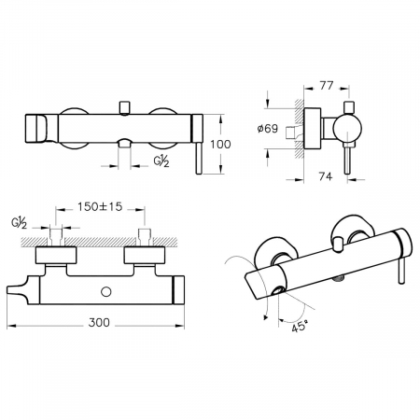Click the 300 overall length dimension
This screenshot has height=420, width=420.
coord(99,323)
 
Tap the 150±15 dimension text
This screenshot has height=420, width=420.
coord(100,206)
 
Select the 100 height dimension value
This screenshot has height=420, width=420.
coord(220,145)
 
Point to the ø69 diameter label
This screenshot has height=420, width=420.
coord(268,128)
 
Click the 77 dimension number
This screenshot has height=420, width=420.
coord(327,86)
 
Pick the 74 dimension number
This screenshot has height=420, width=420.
coord(326,176)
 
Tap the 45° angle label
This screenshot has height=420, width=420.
coord(300,327)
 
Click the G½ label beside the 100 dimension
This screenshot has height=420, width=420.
coord(161,161)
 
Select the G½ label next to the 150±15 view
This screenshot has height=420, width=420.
coord(20,223)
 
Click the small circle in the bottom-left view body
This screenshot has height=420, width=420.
coord(106,291)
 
